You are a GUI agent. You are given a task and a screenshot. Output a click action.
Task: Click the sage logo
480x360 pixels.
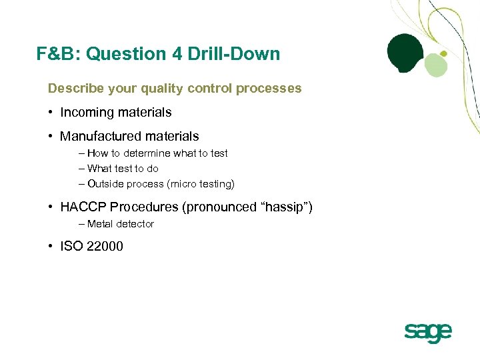pyautogui.click(x=428, y=332)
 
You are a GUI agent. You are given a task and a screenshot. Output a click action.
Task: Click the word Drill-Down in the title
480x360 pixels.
pyautogui.click(x=241, y=54)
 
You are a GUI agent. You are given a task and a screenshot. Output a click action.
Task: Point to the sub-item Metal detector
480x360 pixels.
pyautogui.click(x=120, y=224)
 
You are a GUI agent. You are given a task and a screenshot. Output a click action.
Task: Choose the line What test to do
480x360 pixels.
pyautogui.click(x=123, y=169)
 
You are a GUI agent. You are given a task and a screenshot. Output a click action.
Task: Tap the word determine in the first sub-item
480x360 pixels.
pyautogui.click(x=150, y=153)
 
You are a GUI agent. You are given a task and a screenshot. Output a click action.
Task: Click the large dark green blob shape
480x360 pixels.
pyautogui.click(x=406, y=53)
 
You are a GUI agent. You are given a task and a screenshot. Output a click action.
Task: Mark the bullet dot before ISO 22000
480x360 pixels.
pyautogui.click(x=51, y=246)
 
